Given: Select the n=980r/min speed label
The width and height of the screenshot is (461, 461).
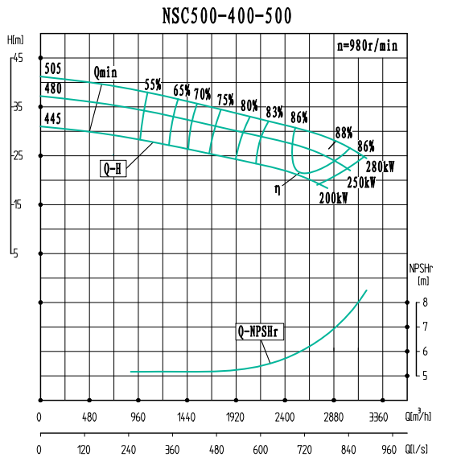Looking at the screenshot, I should [367, 46].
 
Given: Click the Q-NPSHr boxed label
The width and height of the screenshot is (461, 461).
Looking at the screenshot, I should [261, 331].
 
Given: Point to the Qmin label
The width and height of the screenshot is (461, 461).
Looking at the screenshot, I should [105, 72].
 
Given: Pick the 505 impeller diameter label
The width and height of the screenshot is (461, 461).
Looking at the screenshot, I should [53, 68].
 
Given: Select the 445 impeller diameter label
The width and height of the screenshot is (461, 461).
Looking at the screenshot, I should [53, 118].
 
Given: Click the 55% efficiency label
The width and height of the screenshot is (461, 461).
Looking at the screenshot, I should [153, 84].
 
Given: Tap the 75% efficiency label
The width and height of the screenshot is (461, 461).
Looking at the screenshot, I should [225, 100].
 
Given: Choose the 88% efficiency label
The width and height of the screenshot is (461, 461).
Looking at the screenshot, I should [344, 132].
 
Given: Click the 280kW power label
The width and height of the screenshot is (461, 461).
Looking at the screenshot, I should [380, 167].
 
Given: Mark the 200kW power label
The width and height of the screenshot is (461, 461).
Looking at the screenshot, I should [333, 198].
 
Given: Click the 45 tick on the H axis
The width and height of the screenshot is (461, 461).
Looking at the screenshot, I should [18, 58].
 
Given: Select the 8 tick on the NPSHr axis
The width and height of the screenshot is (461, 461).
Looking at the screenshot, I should [426, 303].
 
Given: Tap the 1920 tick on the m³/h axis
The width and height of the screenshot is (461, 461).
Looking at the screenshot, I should [236, 418].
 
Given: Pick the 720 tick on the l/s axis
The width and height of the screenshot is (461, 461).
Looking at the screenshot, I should [304, 449].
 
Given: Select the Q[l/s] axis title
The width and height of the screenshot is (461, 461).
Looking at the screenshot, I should [419, 449].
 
